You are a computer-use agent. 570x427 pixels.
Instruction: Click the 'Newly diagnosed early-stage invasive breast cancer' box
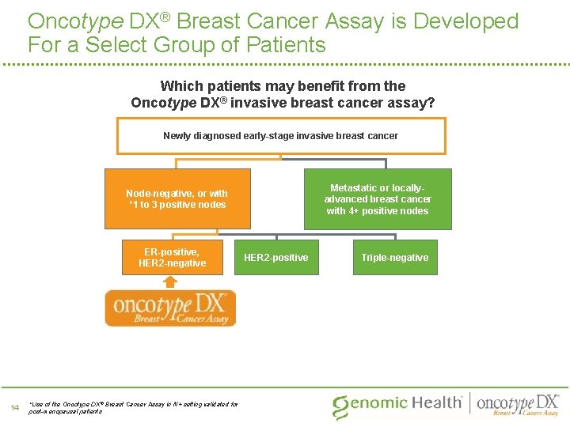point(281,135)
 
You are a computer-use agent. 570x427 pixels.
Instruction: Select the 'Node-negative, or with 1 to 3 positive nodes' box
point(177,198)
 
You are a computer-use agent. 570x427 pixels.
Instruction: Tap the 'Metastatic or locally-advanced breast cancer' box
point(378,199)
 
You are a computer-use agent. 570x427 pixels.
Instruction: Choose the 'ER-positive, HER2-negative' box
point(172,257)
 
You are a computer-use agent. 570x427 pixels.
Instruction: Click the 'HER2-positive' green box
point(276,258)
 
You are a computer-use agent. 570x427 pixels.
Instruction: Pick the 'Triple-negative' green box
point(394,258)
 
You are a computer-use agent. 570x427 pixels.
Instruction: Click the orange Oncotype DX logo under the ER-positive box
point(170,308)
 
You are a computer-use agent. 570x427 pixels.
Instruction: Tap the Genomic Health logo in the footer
point(397,403)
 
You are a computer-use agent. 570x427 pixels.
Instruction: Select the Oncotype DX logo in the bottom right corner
point(519,403)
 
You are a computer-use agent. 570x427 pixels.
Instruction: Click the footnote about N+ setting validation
point(132,408)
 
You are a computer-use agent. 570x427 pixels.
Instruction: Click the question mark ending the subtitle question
point(431,103)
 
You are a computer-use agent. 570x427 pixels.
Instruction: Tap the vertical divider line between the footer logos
point(472,403)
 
